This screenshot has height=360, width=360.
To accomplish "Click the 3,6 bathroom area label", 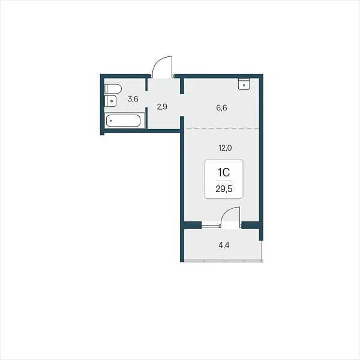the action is click(133, 99).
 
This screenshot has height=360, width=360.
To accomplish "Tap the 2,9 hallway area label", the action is click(162, 107).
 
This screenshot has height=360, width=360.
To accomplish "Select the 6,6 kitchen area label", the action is click(221, 107).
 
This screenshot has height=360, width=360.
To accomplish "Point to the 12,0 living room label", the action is click(225, 148).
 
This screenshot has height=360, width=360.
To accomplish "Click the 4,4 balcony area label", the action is click(224, 245).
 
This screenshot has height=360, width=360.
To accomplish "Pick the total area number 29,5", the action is click(224, 189).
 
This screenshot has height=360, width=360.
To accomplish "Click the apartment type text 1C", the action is click(224, 172).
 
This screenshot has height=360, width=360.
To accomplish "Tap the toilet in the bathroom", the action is click(113, 89).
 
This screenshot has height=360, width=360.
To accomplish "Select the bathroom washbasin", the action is click(110, 101).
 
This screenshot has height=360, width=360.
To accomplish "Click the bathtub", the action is click(123, 121).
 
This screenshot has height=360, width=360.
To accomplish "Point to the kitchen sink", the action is click(244, 84).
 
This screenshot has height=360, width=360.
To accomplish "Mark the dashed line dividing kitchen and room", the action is click(222, 129).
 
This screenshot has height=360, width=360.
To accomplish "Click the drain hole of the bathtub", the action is click(110, 121).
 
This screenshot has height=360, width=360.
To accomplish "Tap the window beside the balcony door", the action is click(211, 226).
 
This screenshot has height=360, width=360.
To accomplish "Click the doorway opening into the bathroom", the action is click(146, 99).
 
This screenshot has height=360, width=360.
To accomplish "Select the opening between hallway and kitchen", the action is click(182, 105).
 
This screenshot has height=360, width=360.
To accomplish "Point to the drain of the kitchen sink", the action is click(244, 85).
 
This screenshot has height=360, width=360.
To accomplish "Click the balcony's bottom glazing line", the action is click(223, 261).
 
